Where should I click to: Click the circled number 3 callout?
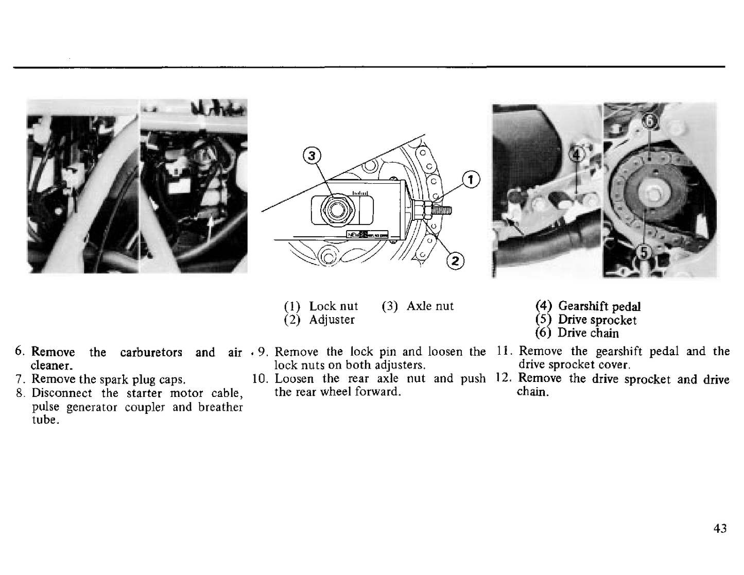point(312,156)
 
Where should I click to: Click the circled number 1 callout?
point(471,179)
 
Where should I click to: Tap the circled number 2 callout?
point(455,262)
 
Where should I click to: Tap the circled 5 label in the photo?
point(644,253)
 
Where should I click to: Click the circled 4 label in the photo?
point(577,155)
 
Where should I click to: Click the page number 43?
point(720,529)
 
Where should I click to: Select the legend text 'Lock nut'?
point(334,306)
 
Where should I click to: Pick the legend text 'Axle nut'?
point(430,306)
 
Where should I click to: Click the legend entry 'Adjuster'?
point(332,320)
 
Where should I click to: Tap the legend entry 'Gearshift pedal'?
point(599,306)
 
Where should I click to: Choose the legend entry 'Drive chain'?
point(588,333)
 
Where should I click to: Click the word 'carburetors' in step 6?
point(151,353)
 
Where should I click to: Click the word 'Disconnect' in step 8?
point(62,393)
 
